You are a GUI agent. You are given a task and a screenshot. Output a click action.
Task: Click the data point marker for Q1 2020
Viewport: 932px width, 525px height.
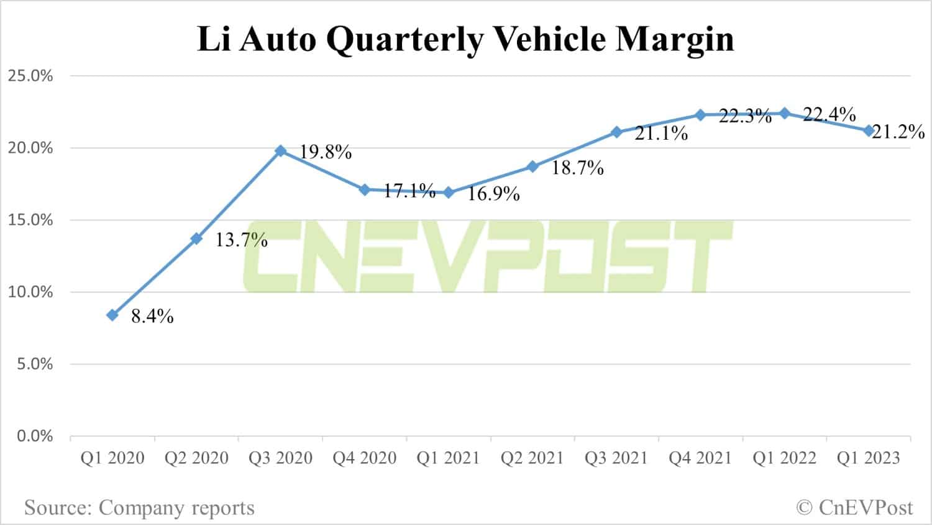pyautogui.click(x=112, y=315)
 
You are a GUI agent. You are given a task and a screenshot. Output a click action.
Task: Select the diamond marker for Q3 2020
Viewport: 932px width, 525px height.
pyautogui.click(x=280, y=150)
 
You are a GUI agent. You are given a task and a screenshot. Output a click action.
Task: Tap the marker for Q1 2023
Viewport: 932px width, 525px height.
pyautogui.click(x=869, y=130)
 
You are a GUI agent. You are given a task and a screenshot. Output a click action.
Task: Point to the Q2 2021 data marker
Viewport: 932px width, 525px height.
pyautogui.click(x=532, y=167)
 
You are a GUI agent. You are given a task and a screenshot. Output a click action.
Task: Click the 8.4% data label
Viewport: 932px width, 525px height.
pyautogui.click(x=152, y=317)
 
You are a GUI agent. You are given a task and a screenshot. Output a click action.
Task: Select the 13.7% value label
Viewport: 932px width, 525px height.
pyautogui.click(x=241, y=240)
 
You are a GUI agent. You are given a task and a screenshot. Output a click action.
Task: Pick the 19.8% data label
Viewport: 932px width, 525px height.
pyautogui.click(x=326, y=152)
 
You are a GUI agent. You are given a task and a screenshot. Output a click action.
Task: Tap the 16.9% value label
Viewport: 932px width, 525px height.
pyautogui.click(x=493, y=194)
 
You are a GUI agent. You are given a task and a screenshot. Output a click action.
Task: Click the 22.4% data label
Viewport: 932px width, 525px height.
pyautogui.click(x=829, y=114)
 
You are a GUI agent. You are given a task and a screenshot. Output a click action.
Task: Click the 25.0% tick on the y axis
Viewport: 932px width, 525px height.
pyautogui.click(x=30, y=76)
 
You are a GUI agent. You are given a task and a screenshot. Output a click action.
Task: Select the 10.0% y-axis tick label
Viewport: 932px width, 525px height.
pyautogui.click(x=30, y=292)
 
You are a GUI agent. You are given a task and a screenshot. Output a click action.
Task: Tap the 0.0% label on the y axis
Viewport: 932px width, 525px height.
pyautogui.click(x=35, y=436)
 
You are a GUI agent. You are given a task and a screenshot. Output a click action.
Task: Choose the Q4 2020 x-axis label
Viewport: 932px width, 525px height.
pyautogui.click(x=365, y=459)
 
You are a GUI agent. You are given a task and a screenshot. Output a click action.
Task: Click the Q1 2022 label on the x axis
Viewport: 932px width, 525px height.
pyautogui.click(x=784, y=459)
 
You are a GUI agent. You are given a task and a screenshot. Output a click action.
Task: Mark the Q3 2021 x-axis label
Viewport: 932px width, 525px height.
pyautogui.click(x=616, y=459)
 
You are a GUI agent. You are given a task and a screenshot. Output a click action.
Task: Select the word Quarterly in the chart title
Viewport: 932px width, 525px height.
pyautogui.click(x=404, y=40)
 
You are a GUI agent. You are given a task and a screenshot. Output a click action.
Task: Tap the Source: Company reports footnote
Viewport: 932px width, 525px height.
pyautogui.click(x=139, y=508)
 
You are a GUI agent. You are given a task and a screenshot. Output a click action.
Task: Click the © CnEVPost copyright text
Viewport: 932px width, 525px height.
pyautogui.click(x=854, y=508)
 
